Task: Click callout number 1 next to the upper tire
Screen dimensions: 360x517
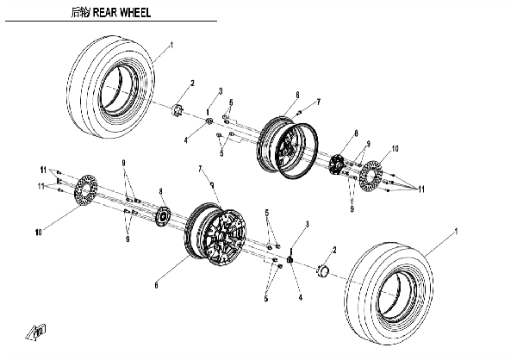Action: [x=171, y=44]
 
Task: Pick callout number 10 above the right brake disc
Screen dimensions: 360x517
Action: [x=396, y=148]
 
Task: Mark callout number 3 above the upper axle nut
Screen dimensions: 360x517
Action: [x=221, y=90]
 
